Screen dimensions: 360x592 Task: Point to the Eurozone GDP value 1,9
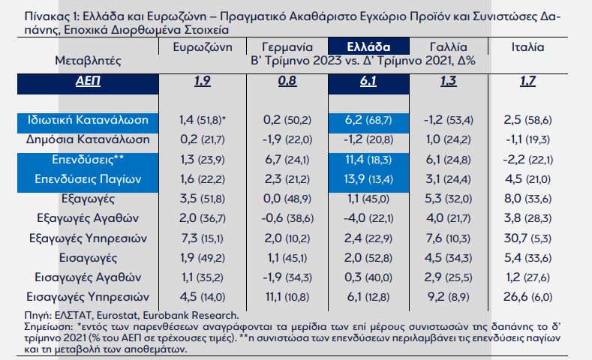[x=202, y=80]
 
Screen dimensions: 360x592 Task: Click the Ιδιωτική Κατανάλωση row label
[x=87, y=119]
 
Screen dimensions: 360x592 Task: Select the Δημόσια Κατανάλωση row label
[x=88, y=139]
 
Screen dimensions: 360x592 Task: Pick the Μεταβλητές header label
[x=89, y=59]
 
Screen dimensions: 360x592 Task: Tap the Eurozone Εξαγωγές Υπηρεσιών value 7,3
[x=187, y=238]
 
